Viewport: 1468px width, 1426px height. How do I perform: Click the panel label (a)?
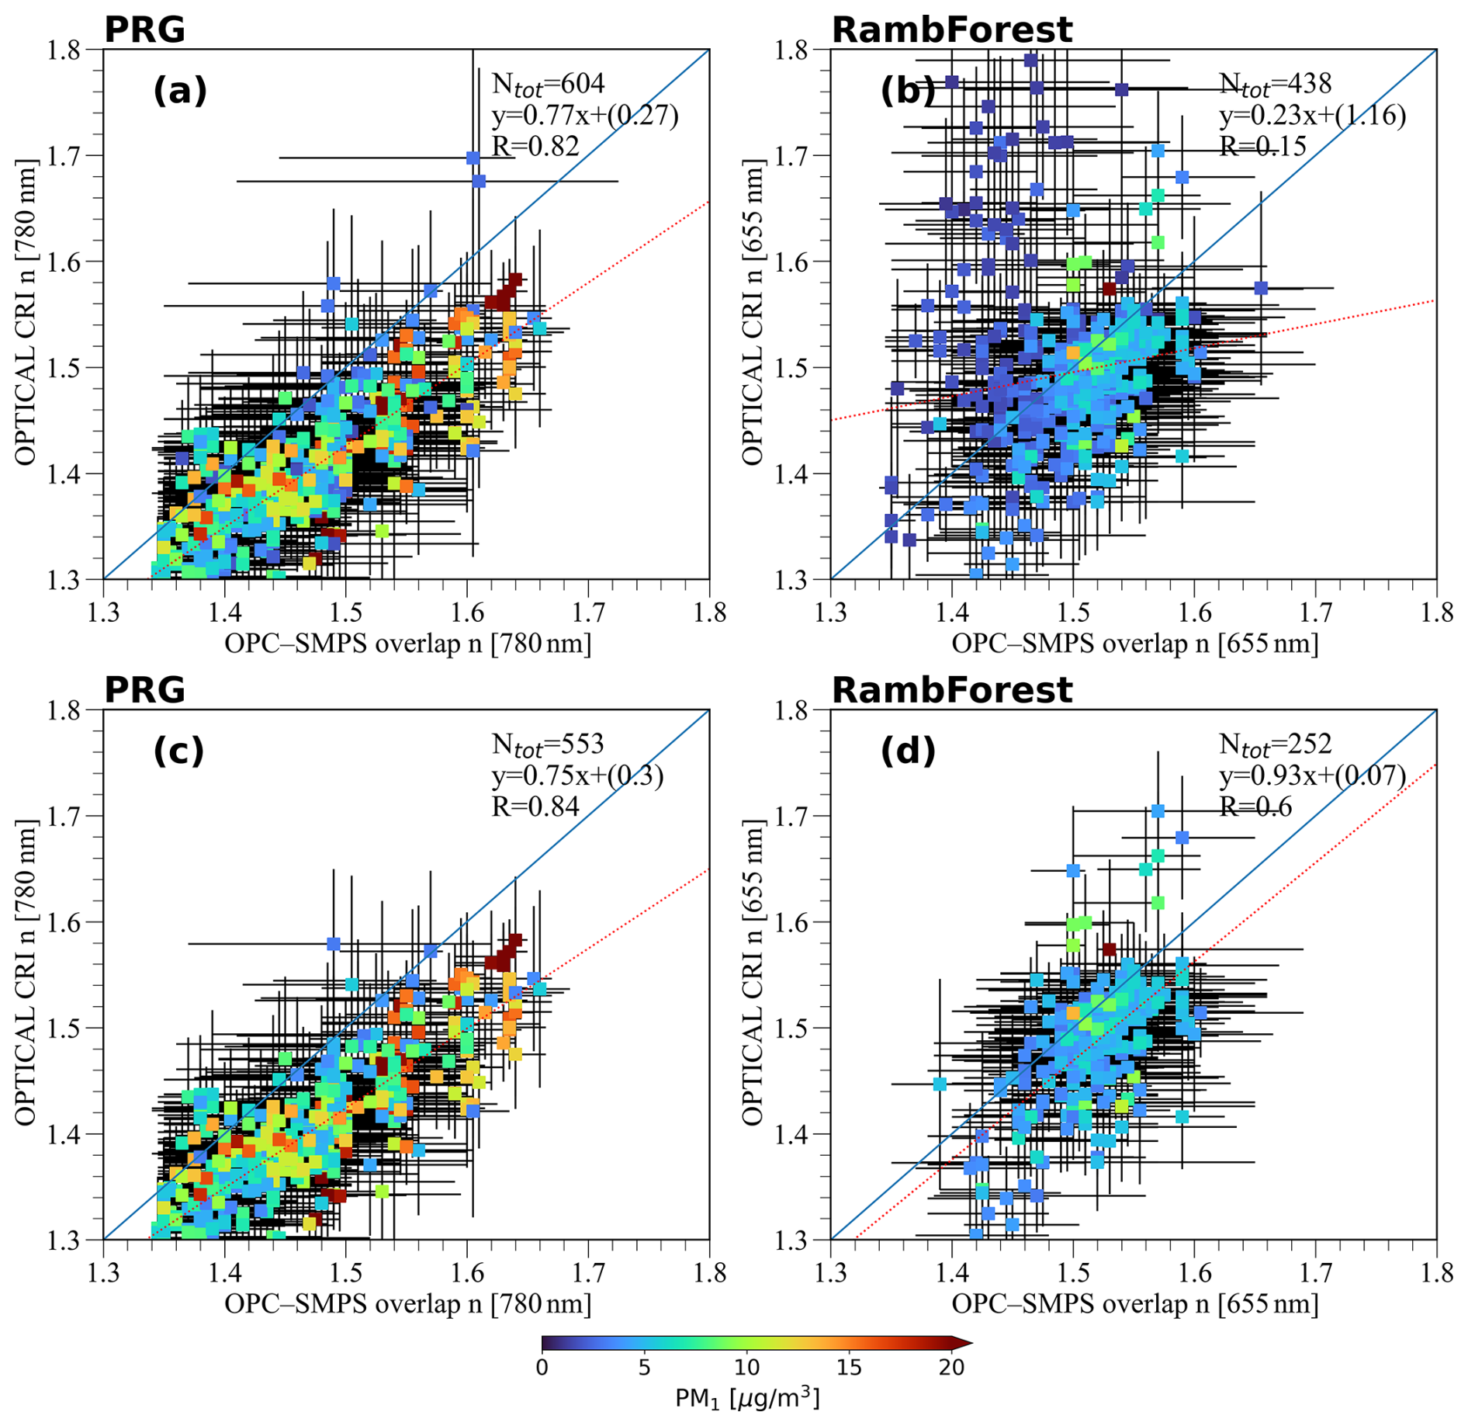(x=180, y=92)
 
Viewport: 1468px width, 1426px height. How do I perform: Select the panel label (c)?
(x=178, y=751)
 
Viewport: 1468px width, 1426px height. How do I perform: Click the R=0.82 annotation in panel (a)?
(x=535, y=146)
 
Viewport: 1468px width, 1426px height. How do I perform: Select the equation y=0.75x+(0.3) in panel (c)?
(x=577, y=775)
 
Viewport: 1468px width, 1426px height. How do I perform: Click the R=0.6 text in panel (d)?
(x=1255, y=807)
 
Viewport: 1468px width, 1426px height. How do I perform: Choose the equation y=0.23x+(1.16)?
(x=1312, y=115)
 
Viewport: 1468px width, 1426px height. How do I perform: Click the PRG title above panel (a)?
(x=144, y=29)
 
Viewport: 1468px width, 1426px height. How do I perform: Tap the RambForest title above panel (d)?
(x=951, y=690)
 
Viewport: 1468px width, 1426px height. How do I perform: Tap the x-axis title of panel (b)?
(x=1134, y=644)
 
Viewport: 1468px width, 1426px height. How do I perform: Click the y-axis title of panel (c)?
(x=25, y=973)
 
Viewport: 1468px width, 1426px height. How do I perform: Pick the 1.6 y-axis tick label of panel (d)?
(x=793, y=923)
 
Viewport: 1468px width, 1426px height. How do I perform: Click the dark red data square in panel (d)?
(x=1109, y=949)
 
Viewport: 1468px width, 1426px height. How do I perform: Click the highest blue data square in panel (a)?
(x=473, y=158)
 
